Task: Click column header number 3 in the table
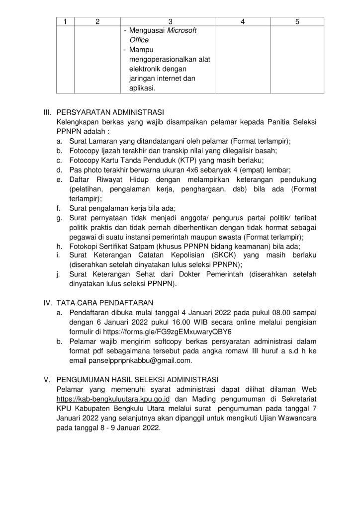click(170, 21)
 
